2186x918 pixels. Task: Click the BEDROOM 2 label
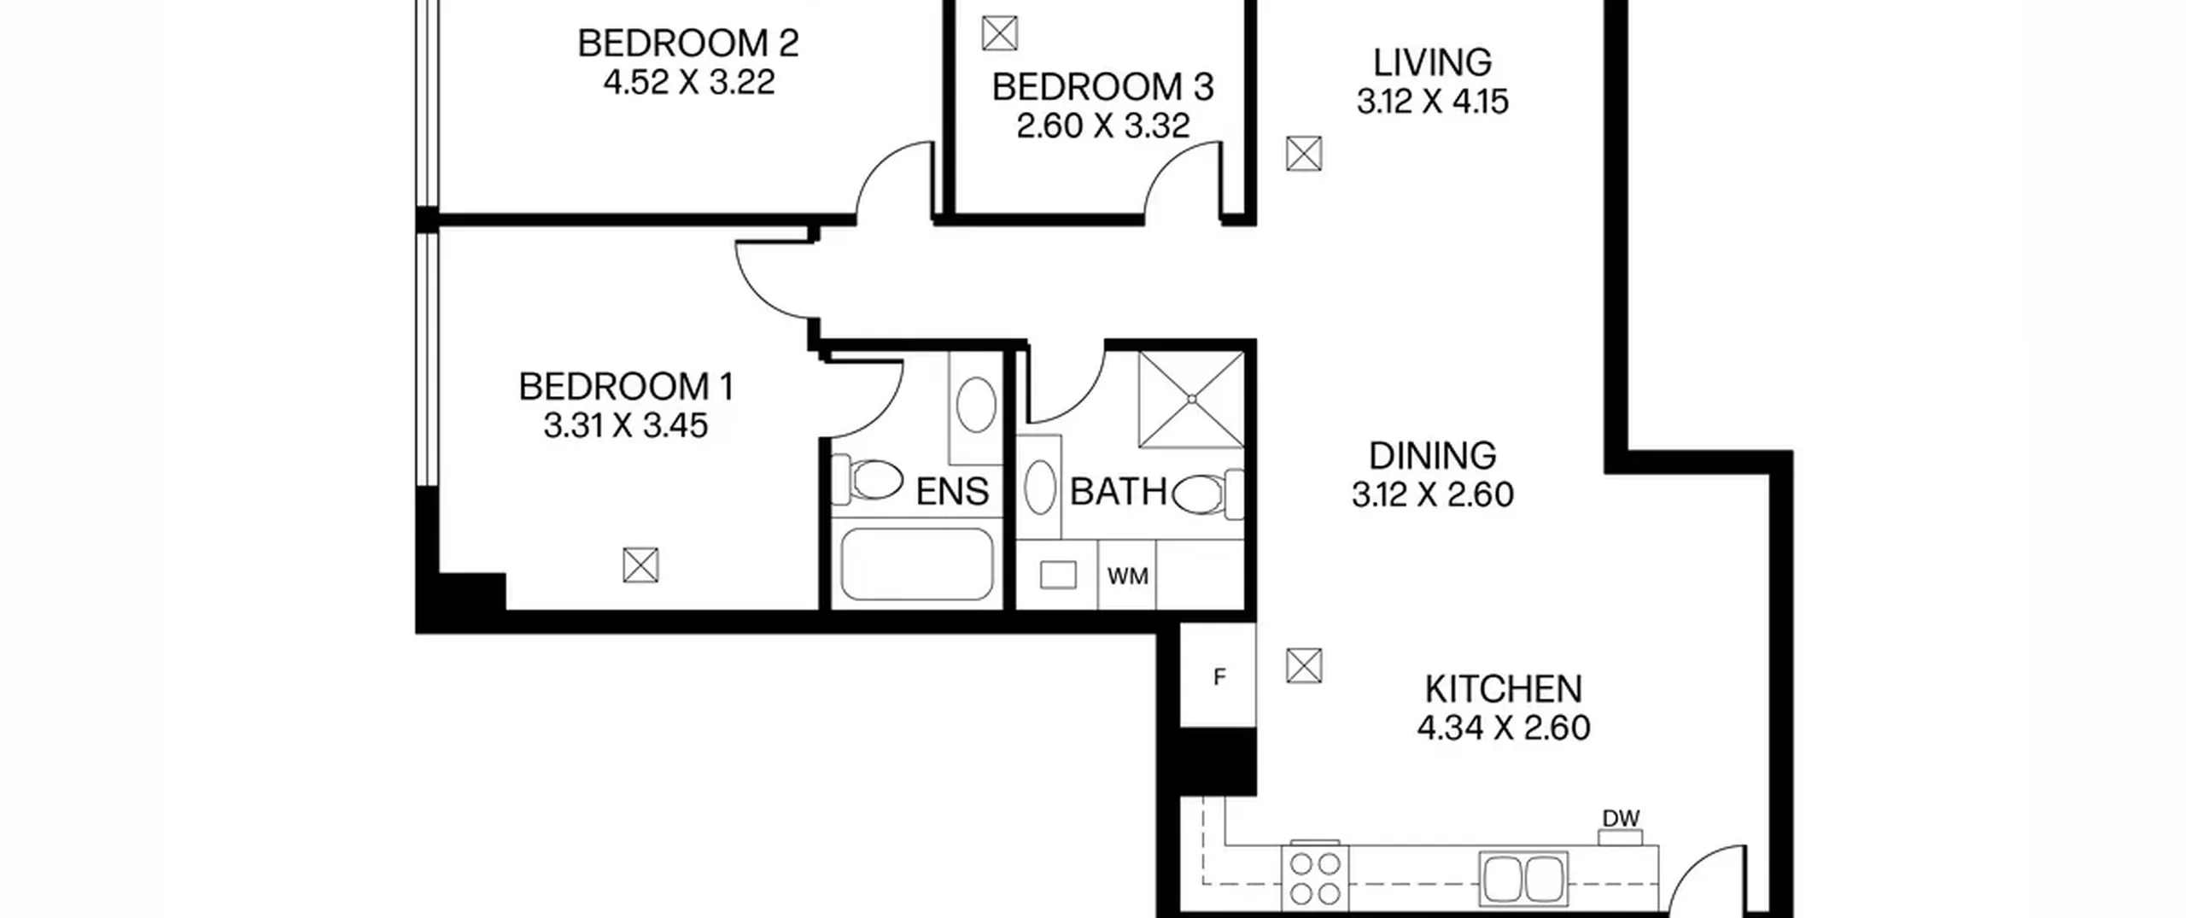688,44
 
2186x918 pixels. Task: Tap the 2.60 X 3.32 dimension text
1103,126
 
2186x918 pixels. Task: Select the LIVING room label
1433,63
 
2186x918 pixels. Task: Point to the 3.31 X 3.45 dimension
626,425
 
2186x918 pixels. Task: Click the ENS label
952,492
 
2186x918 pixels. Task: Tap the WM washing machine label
1127,576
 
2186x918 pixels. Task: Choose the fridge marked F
1219,676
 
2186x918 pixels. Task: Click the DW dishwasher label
1621,819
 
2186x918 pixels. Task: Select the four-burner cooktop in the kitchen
1315,879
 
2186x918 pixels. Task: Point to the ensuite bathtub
916,564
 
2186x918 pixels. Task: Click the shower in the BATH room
1191,399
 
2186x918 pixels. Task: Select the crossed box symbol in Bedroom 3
1000,34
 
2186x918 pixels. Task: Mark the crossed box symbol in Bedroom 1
640,565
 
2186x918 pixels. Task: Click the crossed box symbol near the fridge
1304,666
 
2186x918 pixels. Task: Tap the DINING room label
1433,456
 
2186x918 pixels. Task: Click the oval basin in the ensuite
976,405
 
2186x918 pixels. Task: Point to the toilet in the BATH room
1207,494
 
